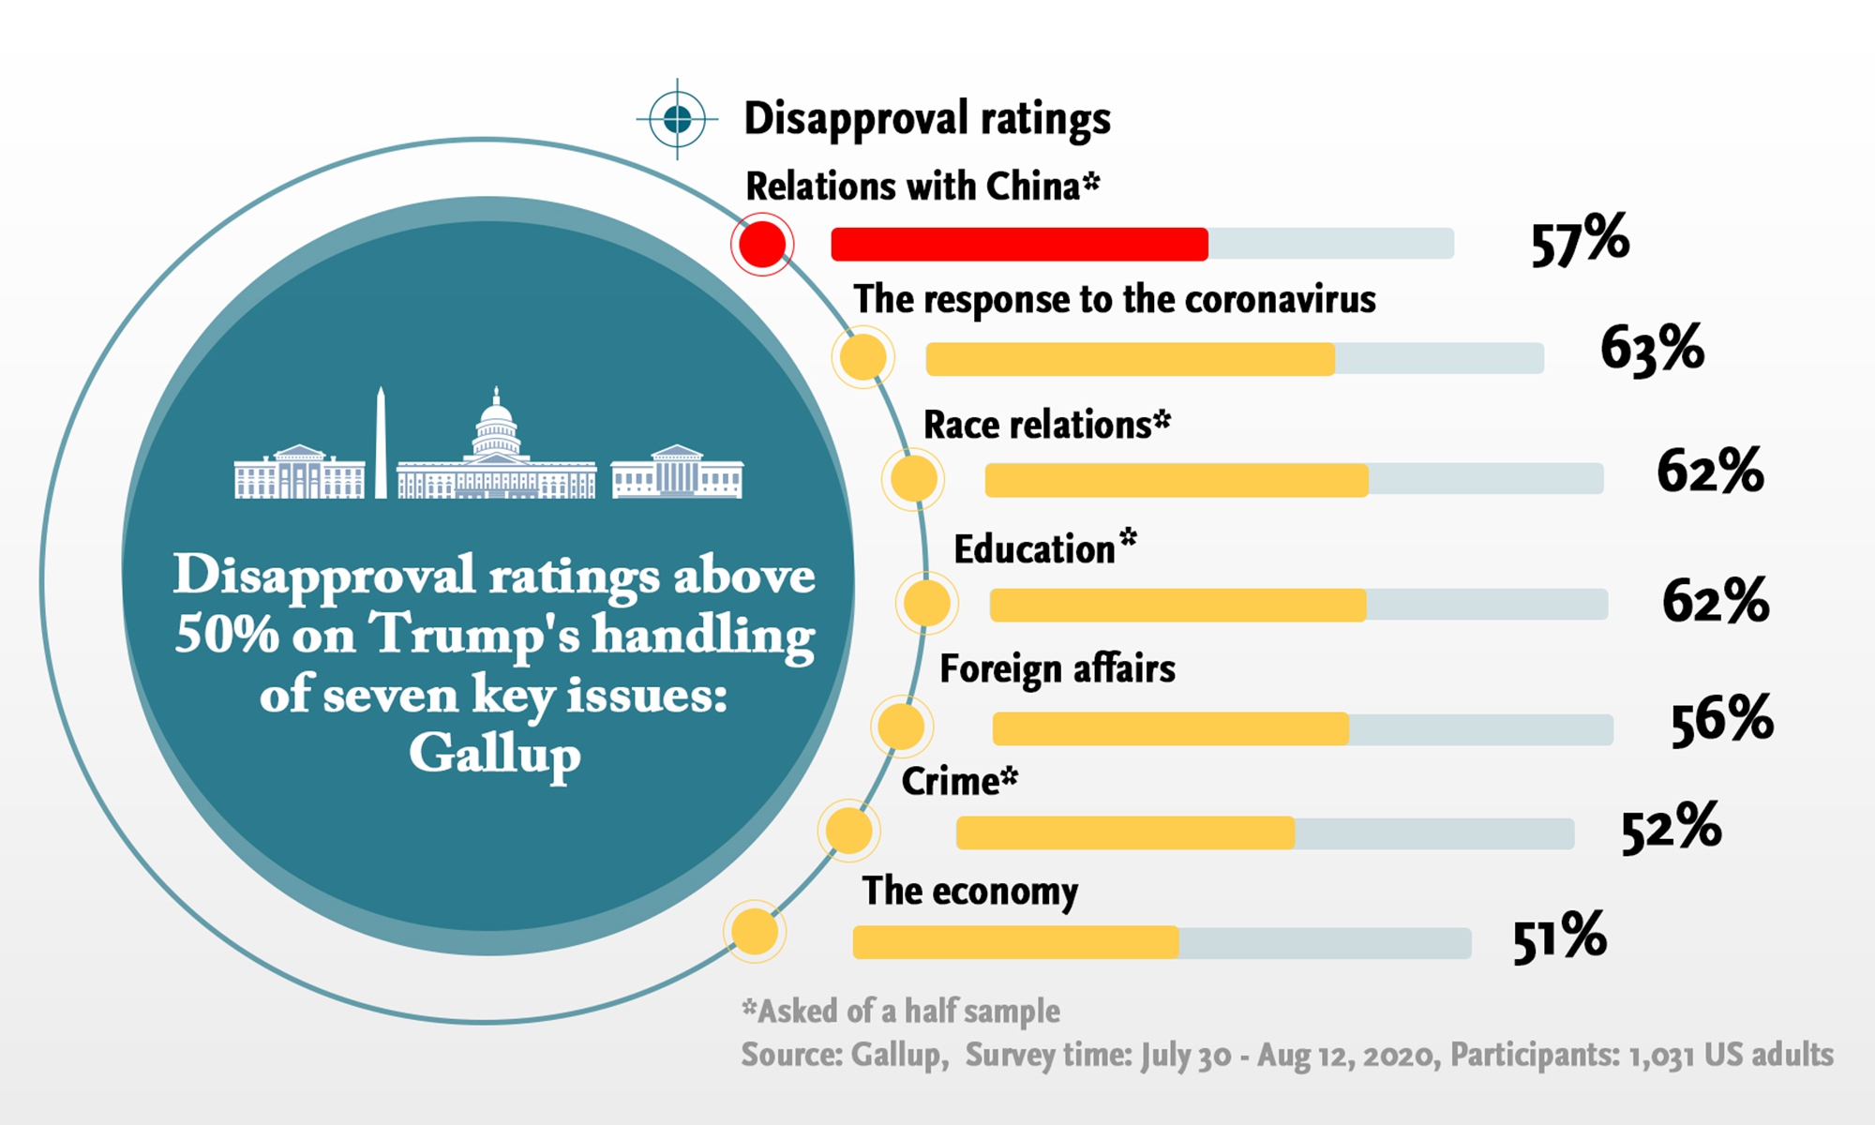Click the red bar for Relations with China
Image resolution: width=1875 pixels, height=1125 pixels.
(1019, 244)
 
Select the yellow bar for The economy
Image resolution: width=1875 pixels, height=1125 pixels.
(1015, 942)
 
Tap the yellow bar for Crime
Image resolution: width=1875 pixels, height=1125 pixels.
(1125, 832)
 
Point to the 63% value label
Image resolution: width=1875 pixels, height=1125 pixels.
(1652, 349)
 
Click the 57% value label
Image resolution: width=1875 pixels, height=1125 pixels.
(1580, 241)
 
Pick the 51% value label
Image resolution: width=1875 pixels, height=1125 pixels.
(1560, 937)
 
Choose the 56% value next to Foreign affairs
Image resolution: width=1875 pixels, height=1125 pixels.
(1722, 720)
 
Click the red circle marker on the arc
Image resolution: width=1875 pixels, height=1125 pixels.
(762, 245)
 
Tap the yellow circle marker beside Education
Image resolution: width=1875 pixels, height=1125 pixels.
(926, 603)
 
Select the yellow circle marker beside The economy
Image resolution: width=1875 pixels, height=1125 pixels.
(755, 932)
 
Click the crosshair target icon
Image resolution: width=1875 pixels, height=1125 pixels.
(677, 119)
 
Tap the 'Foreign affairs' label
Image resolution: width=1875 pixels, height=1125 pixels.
(1057, 669)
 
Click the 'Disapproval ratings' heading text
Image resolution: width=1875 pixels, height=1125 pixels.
(926, 119)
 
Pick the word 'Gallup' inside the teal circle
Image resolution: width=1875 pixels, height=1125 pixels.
(495, 754)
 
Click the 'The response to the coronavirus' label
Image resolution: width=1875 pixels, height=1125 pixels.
(1114, 300)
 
